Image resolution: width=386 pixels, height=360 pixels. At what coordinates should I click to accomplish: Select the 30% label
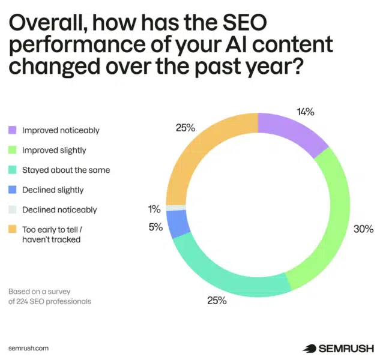tap(363, 229)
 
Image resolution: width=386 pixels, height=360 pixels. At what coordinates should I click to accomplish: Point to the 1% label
tap(154, 209)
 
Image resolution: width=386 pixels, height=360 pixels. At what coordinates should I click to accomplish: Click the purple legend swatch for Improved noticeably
tap(12, 130)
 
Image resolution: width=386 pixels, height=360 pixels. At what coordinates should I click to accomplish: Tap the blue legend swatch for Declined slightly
tap(12, 190)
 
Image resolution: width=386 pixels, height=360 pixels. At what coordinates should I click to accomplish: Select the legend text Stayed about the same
tap(66, 170)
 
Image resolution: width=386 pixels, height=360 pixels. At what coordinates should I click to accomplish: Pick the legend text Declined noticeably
tap(59, 210)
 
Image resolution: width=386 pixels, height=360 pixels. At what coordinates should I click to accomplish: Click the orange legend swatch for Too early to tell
tap(12, 230)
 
